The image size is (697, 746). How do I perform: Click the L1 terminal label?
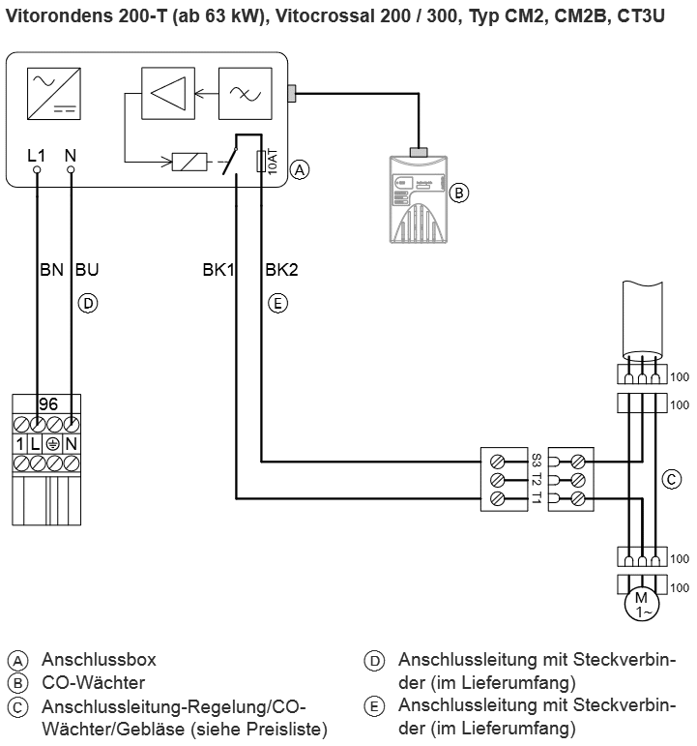[x=37, y=155]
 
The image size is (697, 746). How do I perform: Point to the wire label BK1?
[x=219, y=271]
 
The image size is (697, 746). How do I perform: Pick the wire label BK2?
[x=281, y=271]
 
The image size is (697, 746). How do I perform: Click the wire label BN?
[x=51, y=271]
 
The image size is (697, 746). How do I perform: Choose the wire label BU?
[x=86, y=271]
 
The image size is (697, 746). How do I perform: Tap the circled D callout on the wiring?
[x=87, y=303]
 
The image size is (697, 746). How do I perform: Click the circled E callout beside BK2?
[x=277, y=303]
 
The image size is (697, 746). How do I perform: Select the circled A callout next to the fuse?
[x=301, y=169]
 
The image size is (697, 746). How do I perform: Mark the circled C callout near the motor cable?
[x=669, y=478]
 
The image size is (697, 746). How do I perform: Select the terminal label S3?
[x=535, y=459]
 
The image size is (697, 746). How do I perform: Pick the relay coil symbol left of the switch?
[x=190, y=162]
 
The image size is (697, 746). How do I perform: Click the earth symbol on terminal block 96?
[x=53, y=443]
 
